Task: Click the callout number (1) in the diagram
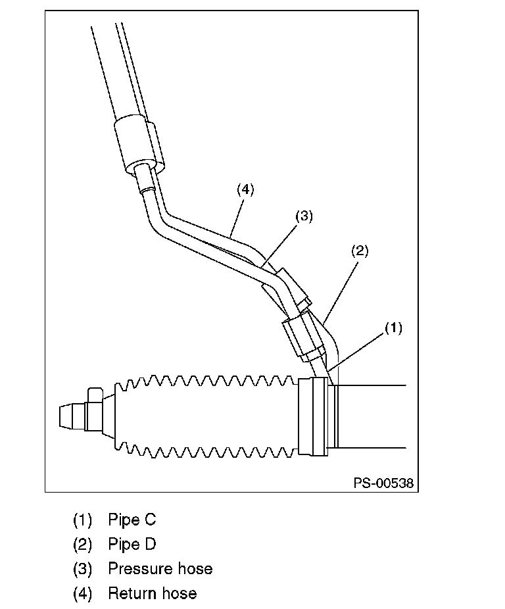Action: pyautogui.click(x=393, y=328)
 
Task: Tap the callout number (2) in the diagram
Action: pyautogui.click(x=360, y=251)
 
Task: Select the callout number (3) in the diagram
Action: pyautogui.click(x=304, y=216)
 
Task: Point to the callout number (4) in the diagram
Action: pyautogui.click(x=245, y=189)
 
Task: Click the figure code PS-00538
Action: pyautogui.click(x=383, y=483)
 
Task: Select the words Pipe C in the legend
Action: pyautogui.click(x=132, y=520)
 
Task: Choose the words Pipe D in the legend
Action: pyautogui.click(x=132, y=544)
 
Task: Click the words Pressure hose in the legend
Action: pyautogui.click(x=160, y=569)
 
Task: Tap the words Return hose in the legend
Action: pyautogui.click(x=153, y=593)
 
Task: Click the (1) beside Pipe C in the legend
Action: pyautogui.click(x=82, y=520)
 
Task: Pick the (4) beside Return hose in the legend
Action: pyautogui.click(x=82, y=594)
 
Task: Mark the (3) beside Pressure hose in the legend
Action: pyautogui.click(x=82, y=569)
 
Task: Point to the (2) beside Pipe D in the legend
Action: pyautogui.click(x=82, y=544)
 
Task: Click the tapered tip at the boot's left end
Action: pyautogui.click(x=72, y=417)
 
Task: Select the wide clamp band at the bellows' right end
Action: pyautogui.click(x=313, y=416)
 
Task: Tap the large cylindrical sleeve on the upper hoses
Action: pyautogui.click(x=139, y=145)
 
